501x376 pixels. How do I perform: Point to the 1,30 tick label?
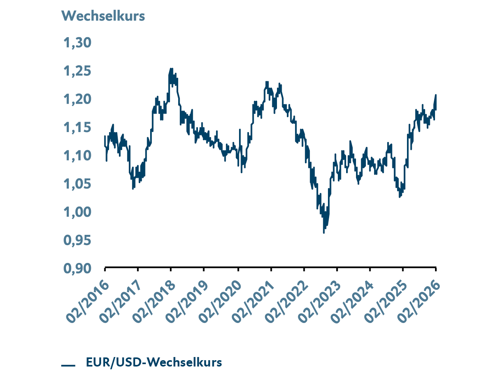tap(77, 42)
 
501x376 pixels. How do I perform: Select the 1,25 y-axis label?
tap(77, 71)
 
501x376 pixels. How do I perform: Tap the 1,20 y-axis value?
tap(77, 99)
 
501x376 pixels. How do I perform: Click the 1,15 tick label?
tap(77, 127)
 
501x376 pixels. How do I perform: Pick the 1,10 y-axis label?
tap(77, 156)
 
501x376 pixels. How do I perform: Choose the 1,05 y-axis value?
tap(77, 184)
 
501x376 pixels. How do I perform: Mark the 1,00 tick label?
tap(77, 212)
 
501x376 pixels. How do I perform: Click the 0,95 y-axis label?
tap(77, 240)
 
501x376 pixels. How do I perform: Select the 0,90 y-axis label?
tap(77, 268)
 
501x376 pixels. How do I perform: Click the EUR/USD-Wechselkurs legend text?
tap(154, 362)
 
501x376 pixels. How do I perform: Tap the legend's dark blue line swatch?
tap(68, 365)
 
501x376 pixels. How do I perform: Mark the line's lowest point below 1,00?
tap(324, 233)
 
